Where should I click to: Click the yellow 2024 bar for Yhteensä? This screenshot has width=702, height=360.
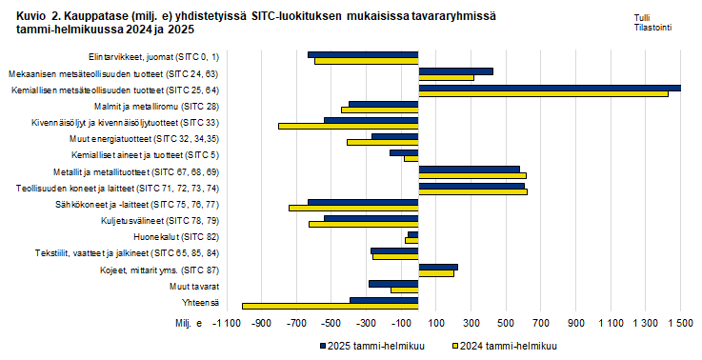(x=330, y=307)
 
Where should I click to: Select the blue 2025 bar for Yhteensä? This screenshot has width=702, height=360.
(x=384, y=300)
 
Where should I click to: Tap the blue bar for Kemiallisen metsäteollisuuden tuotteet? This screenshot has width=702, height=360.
(x=549, y=88)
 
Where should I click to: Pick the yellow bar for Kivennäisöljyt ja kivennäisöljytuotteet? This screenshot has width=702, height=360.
(x=348, y=126)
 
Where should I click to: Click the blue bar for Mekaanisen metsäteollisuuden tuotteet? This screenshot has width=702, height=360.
(x=455, y=70)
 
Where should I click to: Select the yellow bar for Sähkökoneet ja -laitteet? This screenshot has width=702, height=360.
(x=353, y=208)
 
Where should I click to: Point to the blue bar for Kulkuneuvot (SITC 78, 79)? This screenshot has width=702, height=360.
(x=371, y=218)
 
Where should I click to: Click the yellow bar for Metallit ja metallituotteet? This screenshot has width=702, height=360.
(x=472, y=175)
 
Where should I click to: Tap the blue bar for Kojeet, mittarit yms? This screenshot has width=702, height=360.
(x=438, y=268)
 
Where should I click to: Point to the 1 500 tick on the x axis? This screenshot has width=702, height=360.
(x=679, y=325)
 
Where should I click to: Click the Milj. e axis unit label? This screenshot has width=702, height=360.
(x=189, y=325)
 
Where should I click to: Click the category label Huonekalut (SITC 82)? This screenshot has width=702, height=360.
(x=186, y=236)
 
